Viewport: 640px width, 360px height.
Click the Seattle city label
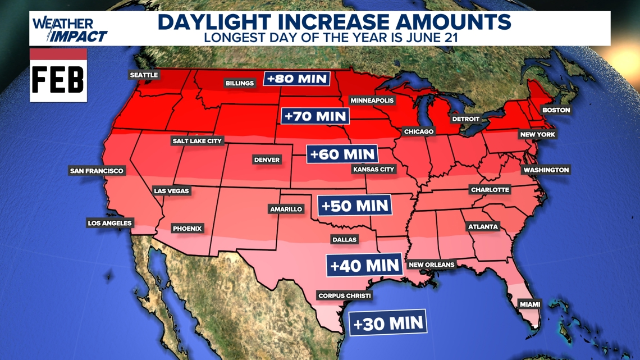(144, 75)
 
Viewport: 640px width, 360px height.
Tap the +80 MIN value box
(297, 79)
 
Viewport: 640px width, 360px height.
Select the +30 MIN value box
(388, 323)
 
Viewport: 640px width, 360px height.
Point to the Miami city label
(529, 304)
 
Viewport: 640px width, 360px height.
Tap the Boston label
(556, 110)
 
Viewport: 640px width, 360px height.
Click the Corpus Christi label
(344, 295)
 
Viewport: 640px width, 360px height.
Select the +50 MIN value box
(355, 206)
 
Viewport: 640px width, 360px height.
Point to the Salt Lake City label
(197, 141)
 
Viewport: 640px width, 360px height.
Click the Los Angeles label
(109, 223)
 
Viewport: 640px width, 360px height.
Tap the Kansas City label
(374, 169)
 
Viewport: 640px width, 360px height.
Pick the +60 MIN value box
(342, 154)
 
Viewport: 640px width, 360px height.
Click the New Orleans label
(431, 265)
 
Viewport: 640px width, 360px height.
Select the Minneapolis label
(372, 101)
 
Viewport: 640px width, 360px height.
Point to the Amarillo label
(286, 209)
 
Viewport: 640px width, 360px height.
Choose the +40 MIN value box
(364, 265)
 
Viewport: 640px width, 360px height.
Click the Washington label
(546, 170)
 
